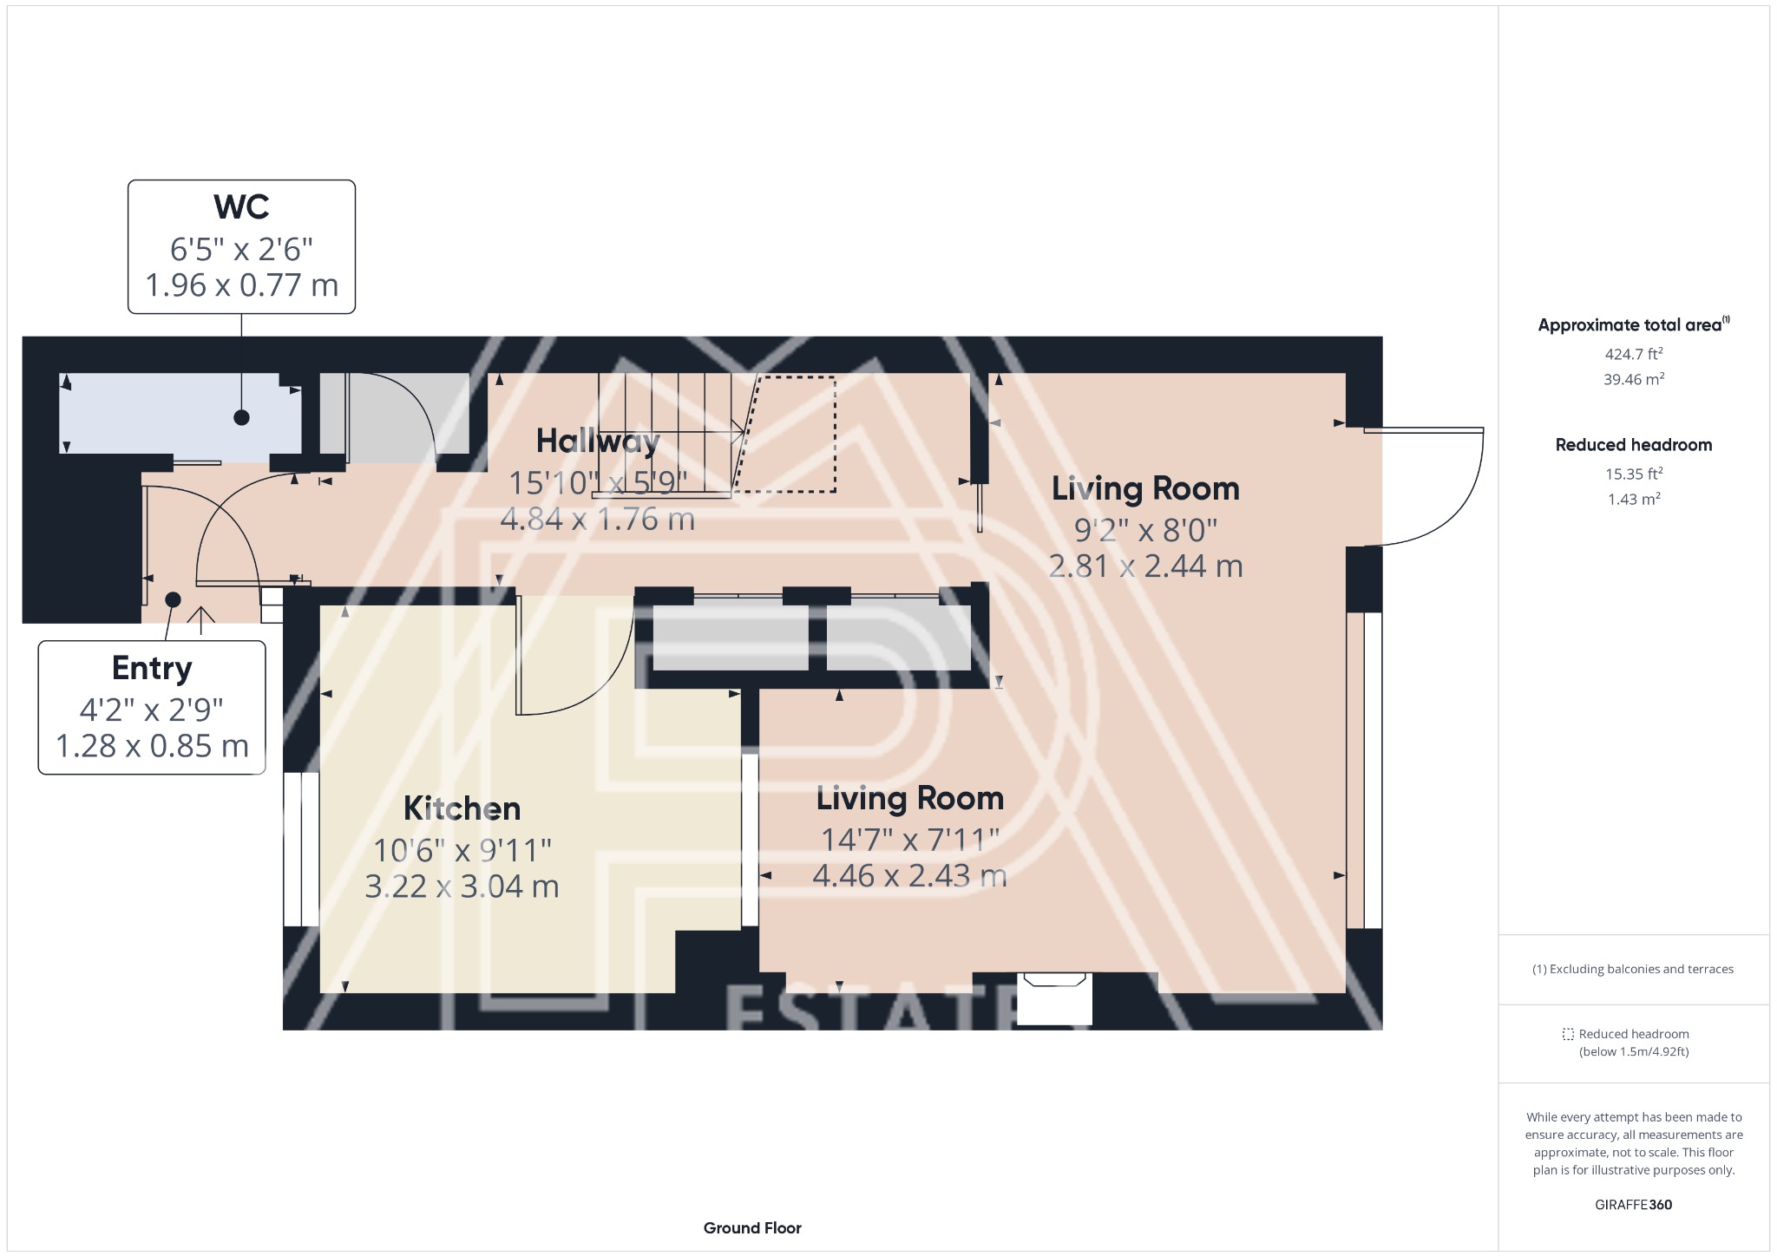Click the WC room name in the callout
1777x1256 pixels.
click(241, 206)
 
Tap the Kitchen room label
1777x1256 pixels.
click(462, 808)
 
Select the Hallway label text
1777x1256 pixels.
click(598, 442)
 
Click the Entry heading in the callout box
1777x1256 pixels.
click(152, 669)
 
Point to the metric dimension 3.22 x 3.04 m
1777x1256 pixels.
click(462, 886)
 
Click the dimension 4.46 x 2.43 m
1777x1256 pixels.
click(909, 875)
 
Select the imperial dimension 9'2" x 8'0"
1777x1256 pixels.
click(1145, 529)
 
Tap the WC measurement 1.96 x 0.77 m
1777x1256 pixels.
click(241, 285)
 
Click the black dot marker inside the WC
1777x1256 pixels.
click(241, 417)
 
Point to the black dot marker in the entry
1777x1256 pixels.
click(173, 599)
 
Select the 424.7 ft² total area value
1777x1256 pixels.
click(1634, 354)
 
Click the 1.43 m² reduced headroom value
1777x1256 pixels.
click(1634, 499)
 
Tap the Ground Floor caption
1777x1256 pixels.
click(752, 1228)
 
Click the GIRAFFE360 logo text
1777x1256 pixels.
click(1633, 1205)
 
